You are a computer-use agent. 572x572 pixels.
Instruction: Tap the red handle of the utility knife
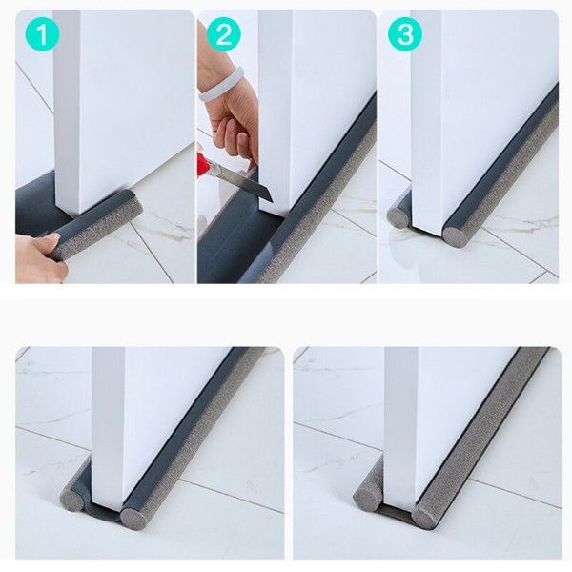[x=203, y=164]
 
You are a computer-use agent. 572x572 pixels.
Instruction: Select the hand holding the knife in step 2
[x=234, y=119]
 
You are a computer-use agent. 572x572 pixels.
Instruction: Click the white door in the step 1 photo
[x=95, y=105]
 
